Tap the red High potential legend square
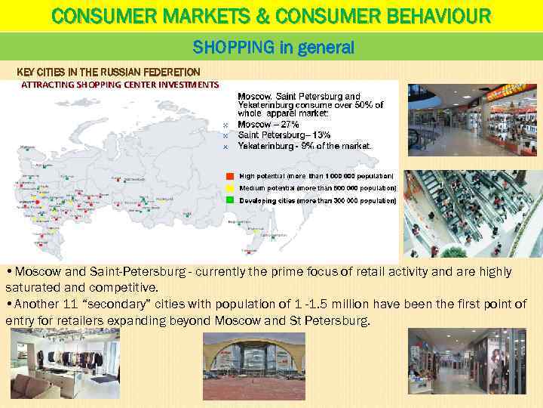[x=230, y=175]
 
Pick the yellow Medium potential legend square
[x=230, y=187]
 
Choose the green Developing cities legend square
[x=230, y=200]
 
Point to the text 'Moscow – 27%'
[x=268, y=124]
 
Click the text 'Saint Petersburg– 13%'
[x=284, y=134]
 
